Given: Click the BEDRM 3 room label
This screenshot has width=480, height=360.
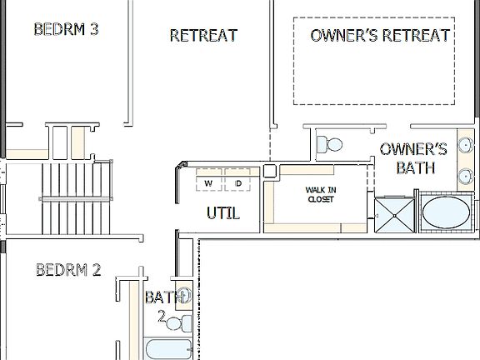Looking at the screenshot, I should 67,30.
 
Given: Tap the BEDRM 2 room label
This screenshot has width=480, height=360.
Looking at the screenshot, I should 69,270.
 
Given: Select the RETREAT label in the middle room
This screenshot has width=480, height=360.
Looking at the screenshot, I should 203,35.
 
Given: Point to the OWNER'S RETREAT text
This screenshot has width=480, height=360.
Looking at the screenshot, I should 380,35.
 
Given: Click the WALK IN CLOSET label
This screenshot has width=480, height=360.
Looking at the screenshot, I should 320,194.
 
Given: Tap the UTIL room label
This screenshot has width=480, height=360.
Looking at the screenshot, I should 223,214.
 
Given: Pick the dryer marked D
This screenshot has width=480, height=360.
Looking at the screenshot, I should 237,182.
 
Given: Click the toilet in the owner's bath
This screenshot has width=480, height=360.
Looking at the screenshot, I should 332,144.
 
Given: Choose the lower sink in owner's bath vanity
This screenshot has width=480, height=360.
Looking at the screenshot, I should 463,176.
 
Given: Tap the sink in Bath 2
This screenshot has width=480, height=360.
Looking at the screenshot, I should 184,293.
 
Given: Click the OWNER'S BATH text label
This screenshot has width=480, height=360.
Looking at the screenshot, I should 413,158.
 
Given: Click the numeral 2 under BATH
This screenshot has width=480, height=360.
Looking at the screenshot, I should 161,316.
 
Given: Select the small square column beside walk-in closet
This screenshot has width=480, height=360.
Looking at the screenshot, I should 270,170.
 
